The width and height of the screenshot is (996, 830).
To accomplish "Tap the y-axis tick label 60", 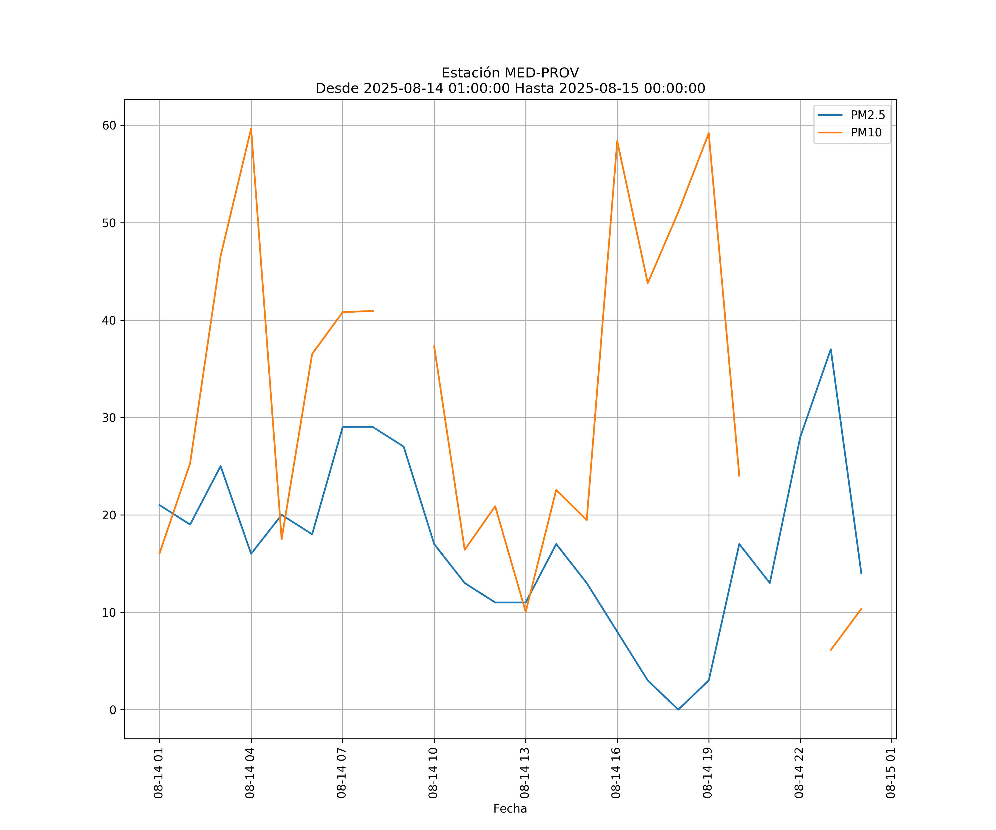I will pos(109,125).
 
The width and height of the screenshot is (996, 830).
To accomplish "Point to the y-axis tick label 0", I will pos(113,710).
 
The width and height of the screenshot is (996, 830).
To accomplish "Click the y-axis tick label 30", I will pos(109,418).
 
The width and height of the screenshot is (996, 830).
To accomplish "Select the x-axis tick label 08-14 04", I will pos(250,773).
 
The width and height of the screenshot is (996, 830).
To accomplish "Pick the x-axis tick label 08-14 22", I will pos(799,773).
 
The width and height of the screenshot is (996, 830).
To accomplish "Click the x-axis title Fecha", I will pos(510,809).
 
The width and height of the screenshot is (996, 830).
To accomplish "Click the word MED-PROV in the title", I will pos(542,73).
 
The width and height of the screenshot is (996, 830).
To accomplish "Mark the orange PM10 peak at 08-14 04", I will pos(251,129).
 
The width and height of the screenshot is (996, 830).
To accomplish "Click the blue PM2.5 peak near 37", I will pos(831,349).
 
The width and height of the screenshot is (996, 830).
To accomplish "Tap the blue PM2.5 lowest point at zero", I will pos(678,710).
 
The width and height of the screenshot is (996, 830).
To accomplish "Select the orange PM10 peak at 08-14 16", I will pos(617,141).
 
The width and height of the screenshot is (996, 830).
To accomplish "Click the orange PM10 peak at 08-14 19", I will pos(709,133).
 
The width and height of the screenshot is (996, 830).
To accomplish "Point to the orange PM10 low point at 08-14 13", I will pos(525,612).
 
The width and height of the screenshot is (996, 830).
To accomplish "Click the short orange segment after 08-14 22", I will pos(846,629).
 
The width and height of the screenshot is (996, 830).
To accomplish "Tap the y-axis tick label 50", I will pos(109,223).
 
